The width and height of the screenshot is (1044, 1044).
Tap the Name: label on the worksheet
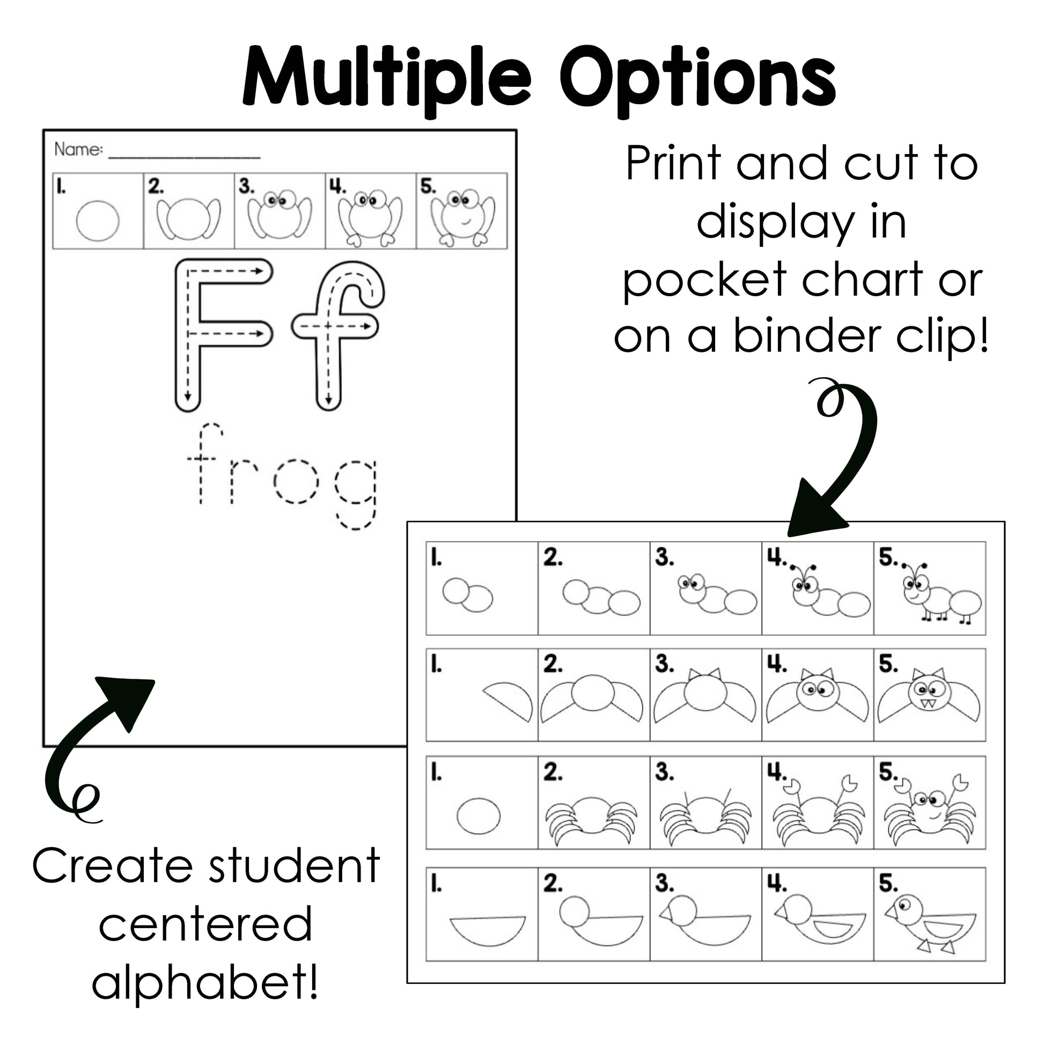pyautogui.click(x=78, y=149)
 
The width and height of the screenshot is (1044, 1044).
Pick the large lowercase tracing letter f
pyautogui.click(x=339, y=335)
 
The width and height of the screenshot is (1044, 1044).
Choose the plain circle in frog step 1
pyautogui.click(x=97, y=220)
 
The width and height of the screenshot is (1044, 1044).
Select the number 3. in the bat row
pyautogui.click(x=665, y=664)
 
